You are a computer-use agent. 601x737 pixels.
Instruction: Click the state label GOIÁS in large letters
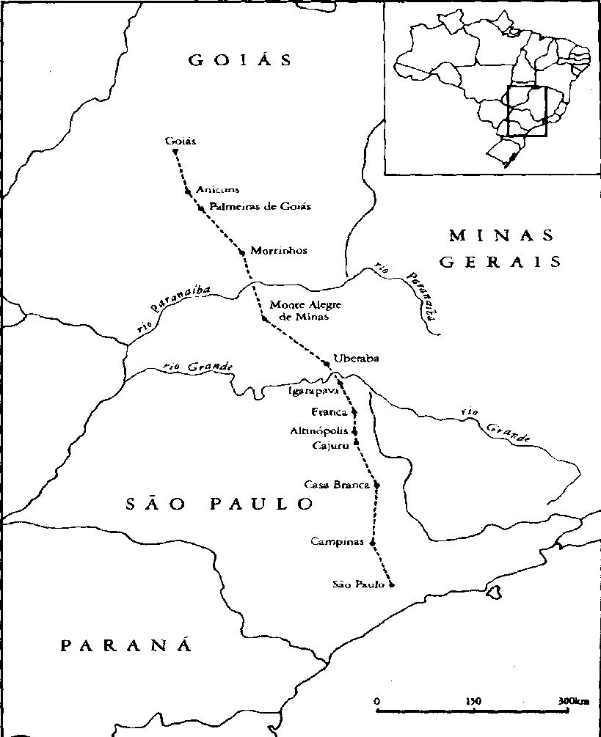click(x=240, y=60)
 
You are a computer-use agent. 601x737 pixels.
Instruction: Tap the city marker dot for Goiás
click(x=175, y=152)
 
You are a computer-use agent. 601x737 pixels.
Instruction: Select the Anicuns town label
click(x=218, y=190)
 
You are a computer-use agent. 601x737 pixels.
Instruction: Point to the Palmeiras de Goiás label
click(x=260, y=206)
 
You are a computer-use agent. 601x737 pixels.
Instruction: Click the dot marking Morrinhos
click(x=241, y=252)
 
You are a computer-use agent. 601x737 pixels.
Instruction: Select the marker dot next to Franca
click(x=354, y=412)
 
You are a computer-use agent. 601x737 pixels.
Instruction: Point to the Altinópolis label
click(x=320, y=431)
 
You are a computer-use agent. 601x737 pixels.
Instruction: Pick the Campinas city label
click(x=337, y=542)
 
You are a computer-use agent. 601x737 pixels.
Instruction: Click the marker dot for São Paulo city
click(x=392, y=584)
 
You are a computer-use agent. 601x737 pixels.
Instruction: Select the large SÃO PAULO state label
click(x=219, y=504)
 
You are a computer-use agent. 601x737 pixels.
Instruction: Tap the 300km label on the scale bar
click(x=572, y=701)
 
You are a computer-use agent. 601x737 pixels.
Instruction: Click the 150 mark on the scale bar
click(x=473, y=701)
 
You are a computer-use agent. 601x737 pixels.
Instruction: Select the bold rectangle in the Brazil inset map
click(x=527, y=111)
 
